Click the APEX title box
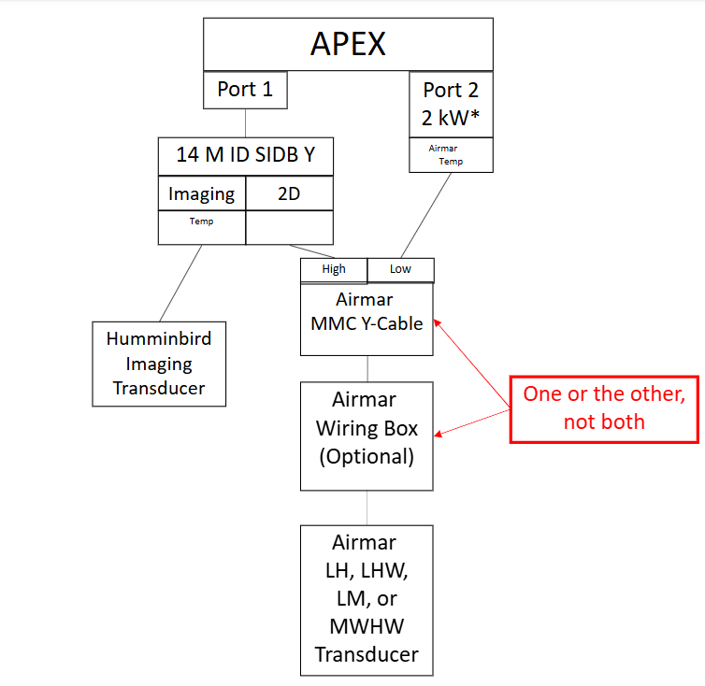tap(348, 44)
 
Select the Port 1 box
tap(245, 90)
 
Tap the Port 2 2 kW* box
tap(451, 104)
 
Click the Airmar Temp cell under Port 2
tap(451, 155)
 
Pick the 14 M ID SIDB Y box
tap(245, 155)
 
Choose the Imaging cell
tap(201, 194)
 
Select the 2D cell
tap(290, 194)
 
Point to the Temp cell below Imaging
tap(201, 227)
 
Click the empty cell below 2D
tap(290, 227)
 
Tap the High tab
tap(334, 269)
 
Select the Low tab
tap(400, 269)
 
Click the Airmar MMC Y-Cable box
tap(367, 318)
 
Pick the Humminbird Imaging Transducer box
tap(159, 364)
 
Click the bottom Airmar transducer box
tap(367, 599)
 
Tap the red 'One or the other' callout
tap(604, 407)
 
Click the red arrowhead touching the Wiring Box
tap(439, 433)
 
